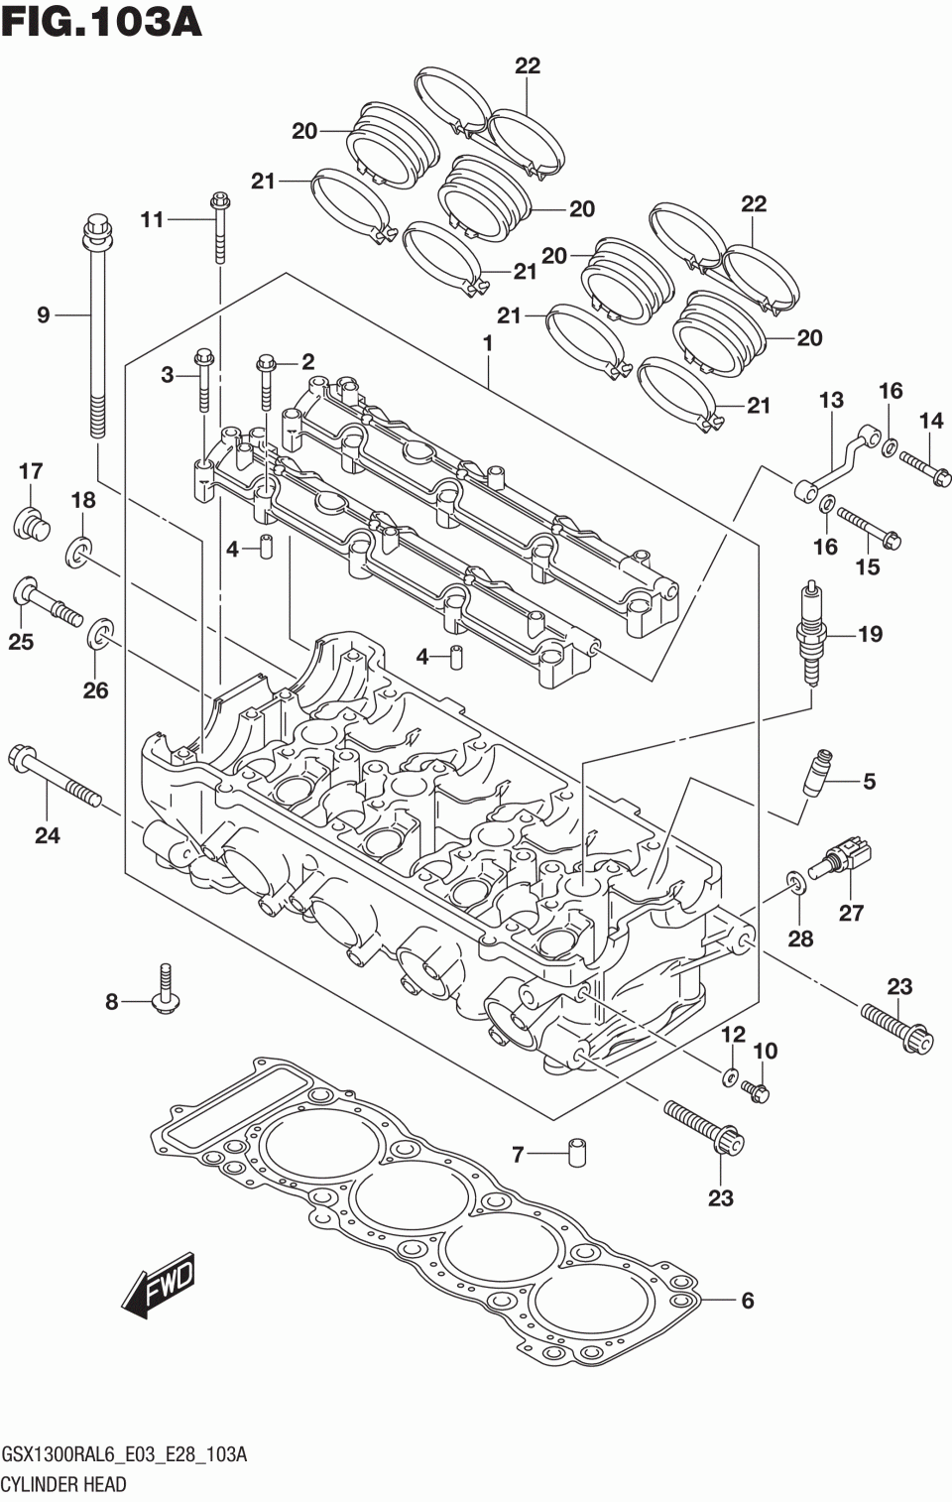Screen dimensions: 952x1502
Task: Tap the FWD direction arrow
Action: [x=159, y=1284]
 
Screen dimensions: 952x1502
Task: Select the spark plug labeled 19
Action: [x=812, y=633]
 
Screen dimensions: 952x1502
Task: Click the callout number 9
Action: [x=44, y=314]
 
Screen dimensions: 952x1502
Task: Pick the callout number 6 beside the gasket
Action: [x=748, y=1301]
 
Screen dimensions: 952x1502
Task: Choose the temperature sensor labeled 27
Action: [x=840, y=858]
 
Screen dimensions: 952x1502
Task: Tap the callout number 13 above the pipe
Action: [x=831, y=401]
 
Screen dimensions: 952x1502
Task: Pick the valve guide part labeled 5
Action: [x=819, y=772]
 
